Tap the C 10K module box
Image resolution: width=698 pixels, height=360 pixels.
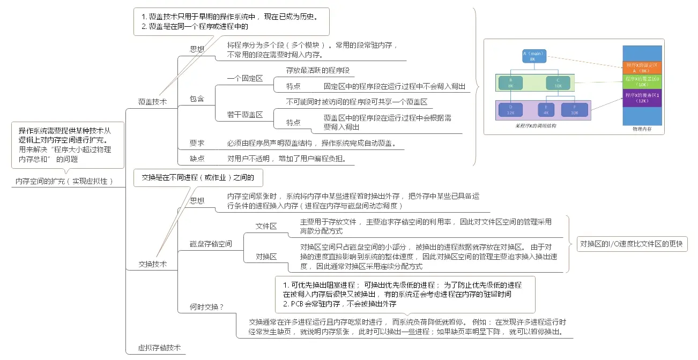click(558, 82)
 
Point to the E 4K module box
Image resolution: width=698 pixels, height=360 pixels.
click(546, 109)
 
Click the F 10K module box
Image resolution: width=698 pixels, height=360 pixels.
click(575, 109)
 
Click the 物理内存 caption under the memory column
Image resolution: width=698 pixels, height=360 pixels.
click(641, 130)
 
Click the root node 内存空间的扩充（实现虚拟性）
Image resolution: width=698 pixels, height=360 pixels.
click(64, 182)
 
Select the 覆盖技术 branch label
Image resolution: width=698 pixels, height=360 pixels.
click(152, 101)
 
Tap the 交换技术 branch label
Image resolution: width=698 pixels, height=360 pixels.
click(153, 264)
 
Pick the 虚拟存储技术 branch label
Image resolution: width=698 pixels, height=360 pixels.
click(160, 348)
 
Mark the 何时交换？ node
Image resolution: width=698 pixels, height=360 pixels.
click(206, 307)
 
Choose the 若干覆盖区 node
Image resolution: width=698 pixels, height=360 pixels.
click(245, 115)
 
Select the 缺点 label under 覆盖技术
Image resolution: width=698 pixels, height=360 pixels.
click(197, 159)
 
